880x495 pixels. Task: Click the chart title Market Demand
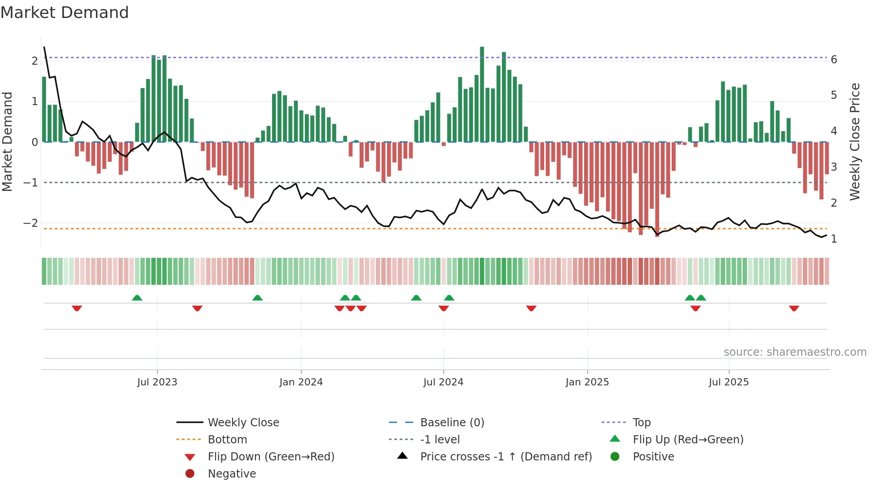[x=65, y=13]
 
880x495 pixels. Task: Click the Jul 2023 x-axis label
[x=157, y=382]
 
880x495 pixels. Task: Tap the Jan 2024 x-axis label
[x=301, y=382]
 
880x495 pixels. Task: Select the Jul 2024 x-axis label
[x=443, y=382]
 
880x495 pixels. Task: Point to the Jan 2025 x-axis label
[x=587, y=382]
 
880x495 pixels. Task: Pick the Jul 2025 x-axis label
[x=729, y=382]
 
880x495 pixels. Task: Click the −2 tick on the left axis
[x=31, y=223]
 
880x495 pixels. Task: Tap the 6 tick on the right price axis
[x=834, y=60]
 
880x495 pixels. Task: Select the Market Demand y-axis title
[x=8, y=141]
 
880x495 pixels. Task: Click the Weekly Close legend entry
[x=243, y=423]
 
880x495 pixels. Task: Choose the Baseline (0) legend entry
[x=452, y=423]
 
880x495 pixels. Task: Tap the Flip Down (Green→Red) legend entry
[x=271, y=457]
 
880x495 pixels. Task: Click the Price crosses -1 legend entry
[x=506, y=457]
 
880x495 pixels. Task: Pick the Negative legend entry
[x=232, y=474]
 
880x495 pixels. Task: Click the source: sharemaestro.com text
[x=795, y=352]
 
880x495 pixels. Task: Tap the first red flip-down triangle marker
[x=77, y=308]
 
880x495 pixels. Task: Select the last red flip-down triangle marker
[x=794, y=308]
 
